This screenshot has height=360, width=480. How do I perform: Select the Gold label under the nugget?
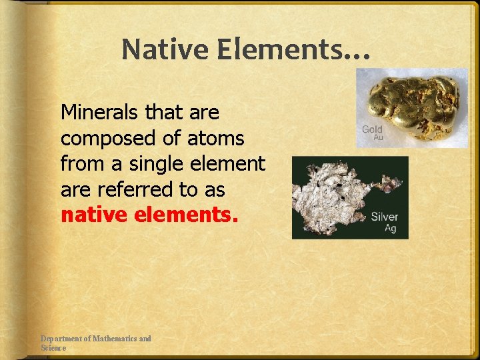[372, 129]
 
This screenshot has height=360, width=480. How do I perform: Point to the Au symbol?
[378, 137]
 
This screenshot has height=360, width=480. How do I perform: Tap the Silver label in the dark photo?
[385, 216]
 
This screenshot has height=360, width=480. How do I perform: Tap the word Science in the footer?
[53, 348]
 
